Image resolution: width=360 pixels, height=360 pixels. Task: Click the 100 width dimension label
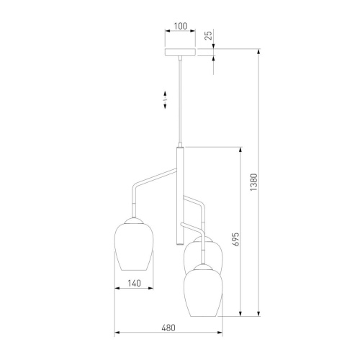(x=181, y=26)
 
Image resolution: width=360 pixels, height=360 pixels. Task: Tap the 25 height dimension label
(x=209, y=35)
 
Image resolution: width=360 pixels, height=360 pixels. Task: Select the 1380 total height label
(x=253, y=182)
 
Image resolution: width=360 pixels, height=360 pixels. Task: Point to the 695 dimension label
(x=236, y=239)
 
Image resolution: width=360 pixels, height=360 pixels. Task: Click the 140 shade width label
(x=134, y=284)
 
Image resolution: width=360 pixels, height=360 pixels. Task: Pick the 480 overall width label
(x=168, y=328)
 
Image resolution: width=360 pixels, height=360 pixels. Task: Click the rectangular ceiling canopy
(x=180, y=52)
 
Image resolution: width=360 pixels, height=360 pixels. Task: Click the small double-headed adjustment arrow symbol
(x=165, y=100)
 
